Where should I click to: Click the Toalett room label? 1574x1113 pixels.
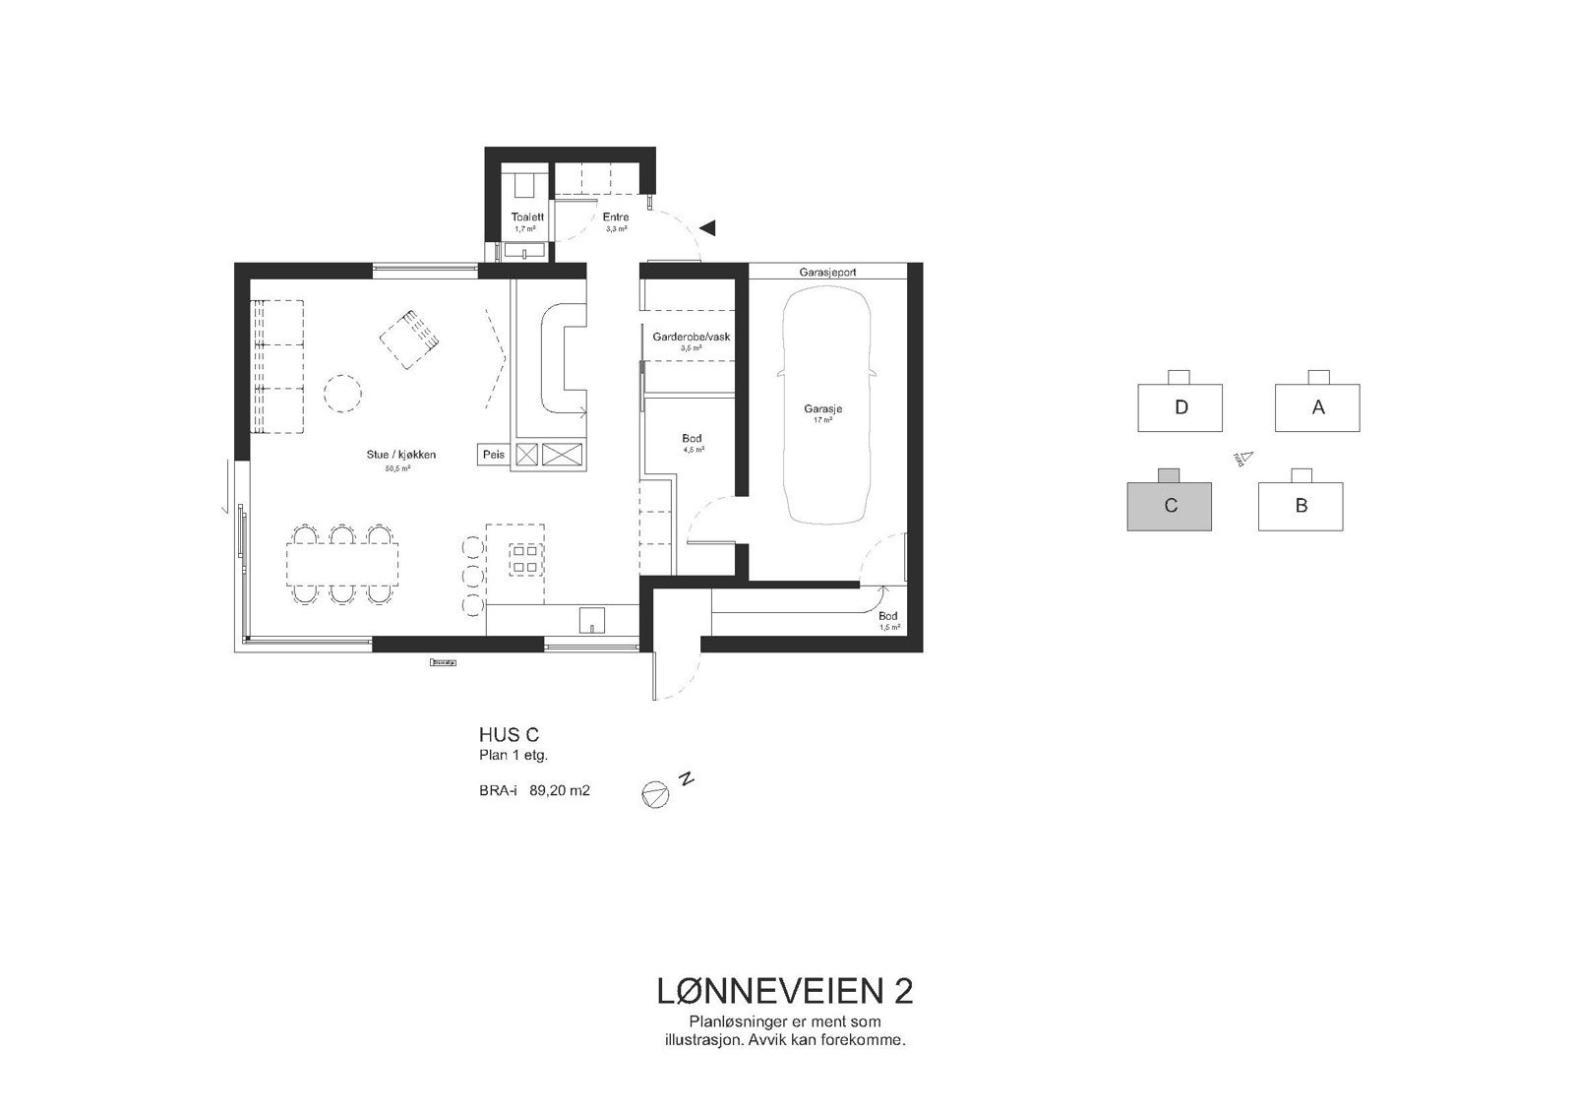(527, 216)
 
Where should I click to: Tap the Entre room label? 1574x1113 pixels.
(616, 216)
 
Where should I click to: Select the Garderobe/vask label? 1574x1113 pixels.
(691, 337)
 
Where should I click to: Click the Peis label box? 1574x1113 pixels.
(493, 455)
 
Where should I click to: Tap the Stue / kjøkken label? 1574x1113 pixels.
(397, 455)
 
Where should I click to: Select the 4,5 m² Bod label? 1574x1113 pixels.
(692, 439)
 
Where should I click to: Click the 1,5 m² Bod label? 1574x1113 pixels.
(887, 616)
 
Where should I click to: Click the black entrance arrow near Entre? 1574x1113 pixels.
(707, 228)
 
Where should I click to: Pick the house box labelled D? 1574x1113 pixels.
(1180, 407)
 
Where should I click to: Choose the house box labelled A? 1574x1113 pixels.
(1317, 407)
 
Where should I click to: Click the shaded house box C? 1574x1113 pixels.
(1169, 506)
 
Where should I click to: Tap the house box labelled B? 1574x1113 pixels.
(1301, 506)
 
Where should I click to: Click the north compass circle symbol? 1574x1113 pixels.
(655, 794)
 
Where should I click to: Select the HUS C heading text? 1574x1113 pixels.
(509, 735)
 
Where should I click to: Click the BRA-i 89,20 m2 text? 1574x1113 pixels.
(534, 789)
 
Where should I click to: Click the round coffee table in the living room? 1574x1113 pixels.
(344, 395)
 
